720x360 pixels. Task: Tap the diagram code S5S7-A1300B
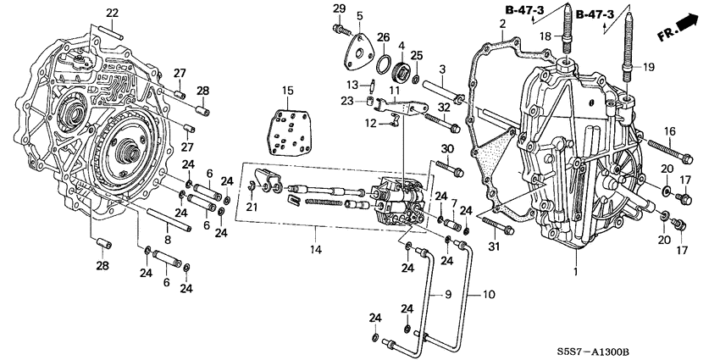(593, 352)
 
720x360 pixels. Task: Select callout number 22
(112, 13)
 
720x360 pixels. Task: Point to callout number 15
(287, 91)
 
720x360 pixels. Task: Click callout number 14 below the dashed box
(315, 250)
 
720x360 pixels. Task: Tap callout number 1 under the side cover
(575, 272)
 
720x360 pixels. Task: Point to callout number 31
(493, 247)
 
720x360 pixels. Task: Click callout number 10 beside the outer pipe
(488, 294)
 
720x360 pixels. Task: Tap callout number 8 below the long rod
(168, 240)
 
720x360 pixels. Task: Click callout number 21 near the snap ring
(252, 207)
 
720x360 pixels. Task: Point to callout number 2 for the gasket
(502, 25)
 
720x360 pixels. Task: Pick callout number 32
(444, 108)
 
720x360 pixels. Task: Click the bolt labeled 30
(450, 168)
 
